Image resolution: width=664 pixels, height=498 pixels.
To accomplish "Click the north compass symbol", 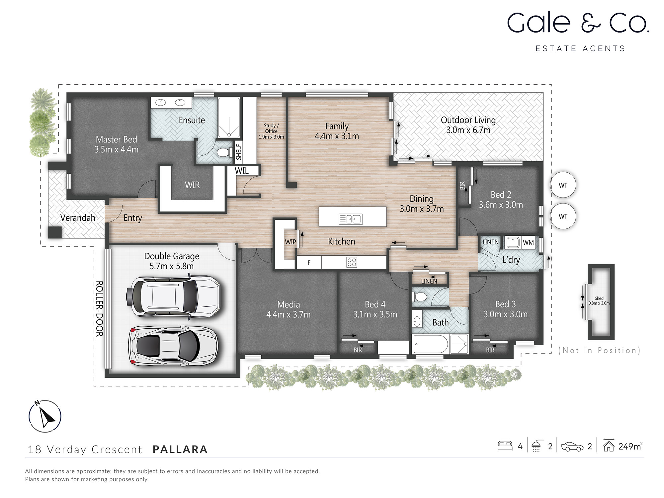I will click(x=45, y=416).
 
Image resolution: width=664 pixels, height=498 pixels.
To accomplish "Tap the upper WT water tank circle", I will click(x=563, y=185).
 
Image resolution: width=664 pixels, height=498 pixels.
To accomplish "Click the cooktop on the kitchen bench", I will click(x=352, y=262).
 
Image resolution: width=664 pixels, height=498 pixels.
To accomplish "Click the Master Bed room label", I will click(x=116, y=144).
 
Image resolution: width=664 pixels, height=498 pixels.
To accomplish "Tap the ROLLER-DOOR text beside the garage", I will click(x=99, y=308).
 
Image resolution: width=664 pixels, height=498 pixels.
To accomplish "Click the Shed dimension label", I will click(x=599, y=301).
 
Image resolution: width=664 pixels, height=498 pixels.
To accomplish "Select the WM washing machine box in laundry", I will click(x=528, y=243).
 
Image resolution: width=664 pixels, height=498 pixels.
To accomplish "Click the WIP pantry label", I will click(x=290, y=242).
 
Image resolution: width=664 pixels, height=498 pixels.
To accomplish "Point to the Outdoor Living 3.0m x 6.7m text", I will click(x=468, y=125).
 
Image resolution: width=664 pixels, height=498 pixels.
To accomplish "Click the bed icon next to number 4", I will click(x=505, y=446).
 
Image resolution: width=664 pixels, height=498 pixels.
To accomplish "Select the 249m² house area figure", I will click(x=630, y=446).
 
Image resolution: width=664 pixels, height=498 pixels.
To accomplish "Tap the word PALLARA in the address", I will click(x=180, y=449).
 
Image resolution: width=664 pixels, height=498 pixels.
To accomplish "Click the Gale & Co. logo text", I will click(x=578, y=23).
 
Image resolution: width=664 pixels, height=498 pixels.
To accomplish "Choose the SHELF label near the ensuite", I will click(x=239, y=152).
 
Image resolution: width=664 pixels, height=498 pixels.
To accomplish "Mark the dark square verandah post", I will click(x=55, y=232).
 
